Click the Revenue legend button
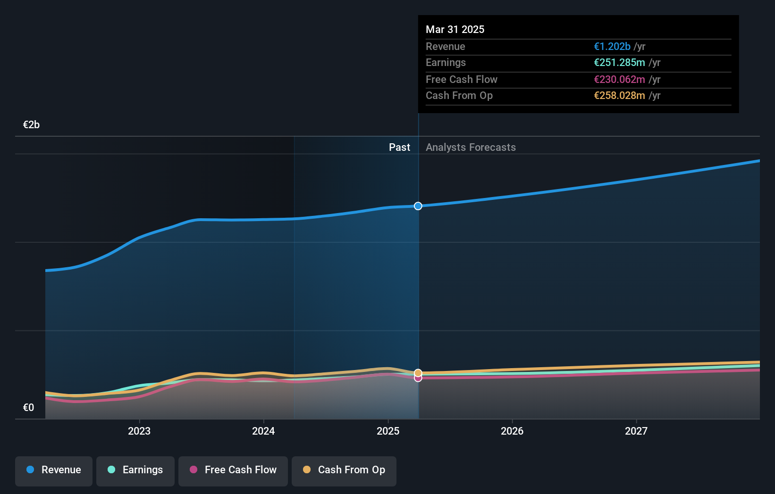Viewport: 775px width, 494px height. pyautogui.click(x=54, y=470)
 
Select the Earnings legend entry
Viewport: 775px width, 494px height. pyautogui.click(x=135, y=470)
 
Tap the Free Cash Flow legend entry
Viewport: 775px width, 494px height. pyautogui.click(x=233, y=470)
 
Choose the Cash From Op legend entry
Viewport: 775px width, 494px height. pyautogui.click(x=344, y=470)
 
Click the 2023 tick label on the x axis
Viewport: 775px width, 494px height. pyautogui.click(x=139, y=431)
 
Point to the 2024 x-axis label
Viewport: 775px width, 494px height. pyautogui.click(x=263, y=431)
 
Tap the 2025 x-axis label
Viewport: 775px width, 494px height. pyautogui.click(x=388, y=431)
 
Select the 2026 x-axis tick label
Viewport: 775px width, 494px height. pyautogui.click(x=512, y=431)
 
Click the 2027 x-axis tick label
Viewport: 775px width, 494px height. pyautogui.click(x=636, y=431)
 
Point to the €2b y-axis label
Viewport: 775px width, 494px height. pyautogui.click(x=31, y=125)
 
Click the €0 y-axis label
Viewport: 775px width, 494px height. pyautogui.click(x=28, y=408)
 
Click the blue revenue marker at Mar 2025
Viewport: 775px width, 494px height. pyautogui.click(x=418, y=206)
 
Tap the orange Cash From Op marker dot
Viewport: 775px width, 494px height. pyautogui.click(x=418, y=373)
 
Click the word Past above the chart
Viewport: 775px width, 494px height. pyautogui.click(x=399, y=148)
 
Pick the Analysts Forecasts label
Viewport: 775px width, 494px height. pyautogui.click(x=471, y=148)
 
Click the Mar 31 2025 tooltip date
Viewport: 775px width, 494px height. pyautogui.click(x=455, y=29)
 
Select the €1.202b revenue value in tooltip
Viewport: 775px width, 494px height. pyautogui.click(x=612, y=47)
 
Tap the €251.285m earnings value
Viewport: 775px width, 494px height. pyautogui.click(x=619, y=63)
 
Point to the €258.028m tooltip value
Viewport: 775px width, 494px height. pyautogui.click(x=619, y=96)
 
